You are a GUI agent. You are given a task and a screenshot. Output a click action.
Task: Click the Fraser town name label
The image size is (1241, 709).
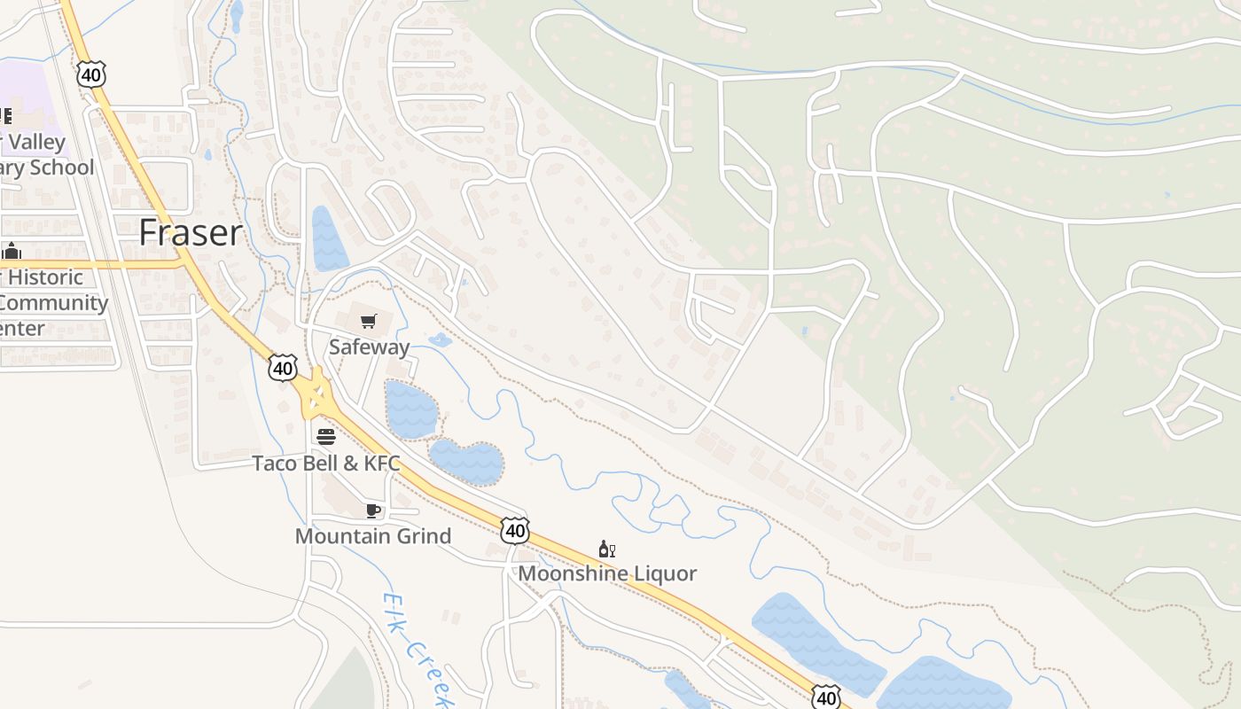[190, 233]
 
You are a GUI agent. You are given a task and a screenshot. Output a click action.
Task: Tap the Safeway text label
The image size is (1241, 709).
[369, 347]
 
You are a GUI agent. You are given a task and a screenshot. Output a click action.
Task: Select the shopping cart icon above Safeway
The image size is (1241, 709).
[369, 321]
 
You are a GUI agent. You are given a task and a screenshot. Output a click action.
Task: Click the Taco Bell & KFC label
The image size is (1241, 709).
[325, 464]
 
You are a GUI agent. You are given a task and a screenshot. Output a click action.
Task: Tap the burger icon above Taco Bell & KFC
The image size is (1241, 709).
[326, 437]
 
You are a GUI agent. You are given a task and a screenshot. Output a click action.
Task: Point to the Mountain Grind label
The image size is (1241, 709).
[372, 536]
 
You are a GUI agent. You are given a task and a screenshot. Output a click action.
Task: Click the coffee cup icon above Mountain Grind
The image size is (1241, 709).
[373, 510]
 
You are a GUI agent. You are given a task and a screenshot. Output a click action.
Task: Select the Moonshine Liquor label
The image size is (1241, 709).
[607, 573]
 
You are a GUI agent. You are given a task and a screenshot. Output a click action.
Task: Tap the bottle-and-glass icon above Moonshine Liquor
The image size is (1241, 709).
[607, 549]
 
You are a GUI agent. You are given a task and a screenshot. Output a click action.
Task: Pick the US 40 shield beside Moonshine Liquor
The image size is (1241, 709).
[514, 530]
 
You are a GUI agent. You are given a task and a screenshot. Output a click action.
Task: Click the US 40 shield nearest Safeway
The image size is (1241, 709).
[283, 367]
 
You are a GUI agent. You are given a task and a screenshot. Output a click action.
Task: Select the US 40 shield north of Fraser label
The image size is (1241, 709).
[91, 74]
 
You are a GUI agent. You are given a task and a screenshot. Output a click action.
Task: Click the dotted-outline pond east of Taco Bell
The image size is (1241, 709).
[466, 461]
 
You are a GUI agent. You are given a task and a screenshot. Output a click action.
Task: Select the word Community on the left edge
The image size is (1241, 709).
[53, 303]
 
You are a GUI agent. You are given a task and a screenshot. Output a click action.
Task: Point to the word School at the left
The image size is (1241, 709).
[60, 168]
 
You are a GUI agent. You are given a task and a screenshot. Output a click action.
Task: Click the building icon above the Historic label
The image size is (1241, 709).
[12, 252]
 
